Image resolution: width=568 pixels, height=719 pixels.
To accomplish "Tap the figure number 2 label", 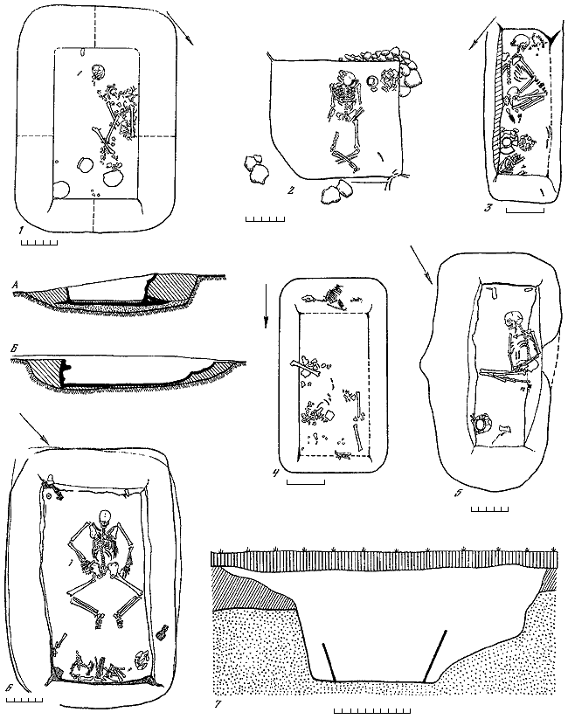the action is (x=290, y=190).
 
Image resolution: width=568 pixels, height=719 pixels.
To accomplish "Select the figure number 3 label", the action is (x=488, y=208).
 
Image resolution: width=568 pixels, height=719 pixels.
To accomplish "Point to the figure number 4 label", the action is (x=275, y=474).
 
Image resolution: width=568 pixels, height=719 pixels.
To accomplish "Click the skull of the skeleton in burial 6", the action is (x=105, y=515).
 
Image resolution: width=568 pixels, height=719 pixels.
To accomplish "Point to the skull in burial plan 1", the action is (x=99, y=72).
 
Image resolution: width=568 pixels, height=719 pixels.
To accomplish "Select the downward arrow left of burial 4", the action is (x=266, y=312).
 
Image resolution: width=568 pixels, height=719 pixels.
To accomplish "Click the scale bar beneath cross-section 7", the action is (x=371, y=711).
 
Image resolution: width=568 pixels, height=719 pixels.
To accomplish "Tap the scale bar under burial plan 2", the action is (x=265, y=218).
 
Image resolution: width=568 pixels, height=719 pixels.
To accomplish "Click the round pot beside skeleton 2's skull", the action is (x=372, y=82).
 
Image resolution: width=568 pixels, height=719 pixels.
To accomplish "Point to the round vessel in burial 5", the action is (x=481, y=425).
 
